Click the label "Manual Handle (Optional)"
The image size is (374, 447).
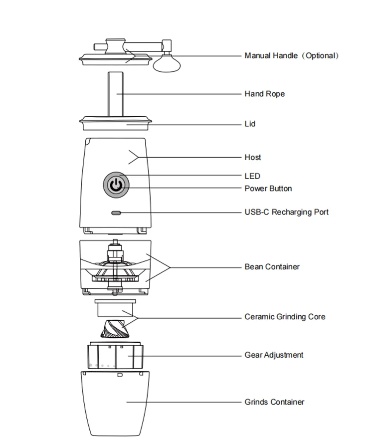(292, 55)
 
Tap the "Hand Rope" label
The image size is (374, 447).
(264, 94)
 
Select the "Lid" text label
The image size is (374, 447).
(250, 124)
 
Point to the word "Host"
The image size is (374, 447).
(252, 157)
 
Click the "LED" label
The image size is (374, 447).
(252, 176)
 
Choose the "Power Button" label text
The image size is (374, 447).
(268, 189)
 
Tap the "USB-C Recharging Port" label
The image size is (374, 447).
(287, 212)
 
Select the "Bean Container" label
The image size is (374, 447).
(272, 267)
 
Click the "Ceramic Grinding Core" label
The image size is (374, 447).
(285, 317)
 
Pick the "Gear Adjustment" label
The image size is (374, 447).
(274, 355)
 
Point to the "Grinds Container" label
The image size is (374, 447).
(274, 402)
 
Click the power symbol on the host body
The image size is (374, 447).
(116, 185)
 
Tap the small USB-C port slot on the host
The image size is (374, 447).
(116, 213)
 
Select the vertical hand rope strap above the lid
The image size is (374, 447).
(116, 94)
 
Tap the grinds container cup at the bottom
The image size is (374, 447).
(115, 404)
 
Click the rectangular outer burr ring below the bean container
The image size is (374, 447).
(115, 308)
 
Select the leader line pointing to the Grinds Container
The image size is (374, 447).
(184, 402)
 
